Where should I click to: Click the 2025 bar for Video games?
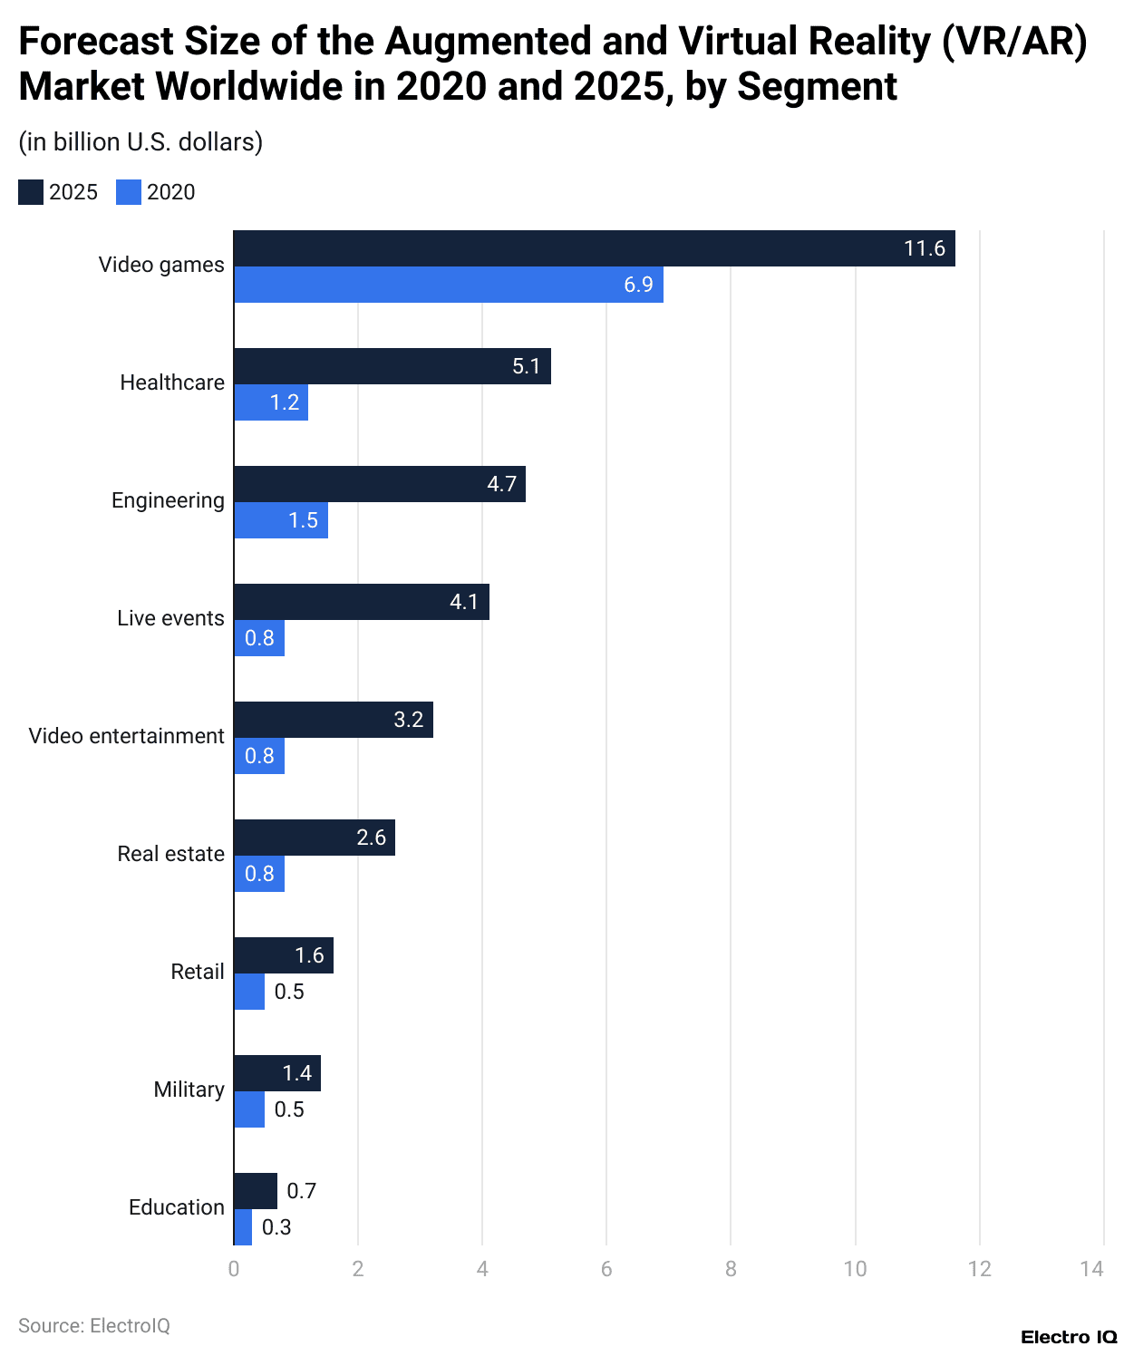coord(594,248)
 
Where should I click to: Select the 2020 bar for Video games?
coord(449,285)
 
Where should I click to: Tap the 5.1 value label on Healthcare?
coord(526,366)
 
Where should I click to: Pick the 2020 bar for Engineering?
coord(281,520)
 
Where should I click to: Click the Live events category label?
coord(170,618)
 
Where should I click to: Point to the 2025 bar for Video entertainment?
coord(334,720)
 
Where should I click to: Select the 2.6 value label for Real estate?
coord(371,838)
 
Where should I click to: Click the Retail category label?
coord(197,972)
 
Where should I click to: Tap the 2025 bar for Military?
coord(277,1073)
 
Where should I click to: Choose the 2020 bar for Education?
coord(243,1227)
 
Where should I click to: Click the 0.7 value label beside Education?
coord(301,1191)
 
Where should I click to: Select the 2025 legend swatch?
coord(31,192)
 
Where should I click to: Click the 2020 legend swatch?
coord(129,192)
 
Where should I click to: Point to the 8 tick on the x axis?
coord(731,1269)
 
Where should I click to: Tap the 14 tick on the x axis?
coord(1091,1269)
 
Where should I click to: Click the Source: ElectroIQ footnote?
coord(94,1325)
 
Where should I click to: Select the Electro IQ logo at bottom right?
coord(1069,1337)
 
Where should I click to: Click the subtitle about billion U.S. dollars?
coord(140,142)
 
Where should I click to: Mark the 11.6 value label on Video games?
coord(924,248)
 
